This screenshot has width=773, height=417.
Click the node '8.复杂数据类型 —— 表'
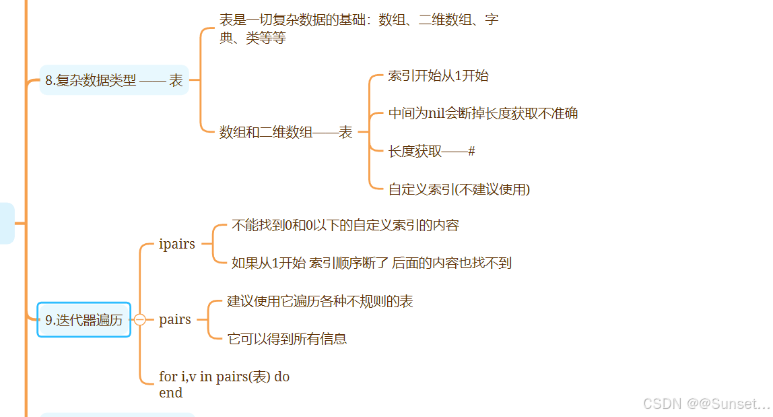114,81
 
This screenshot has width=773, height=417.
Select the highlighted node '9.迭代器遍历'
84,320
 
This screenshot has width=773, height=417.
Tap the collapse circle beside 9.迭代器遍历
140,320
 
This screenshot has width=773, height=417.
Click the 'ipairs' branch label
177,244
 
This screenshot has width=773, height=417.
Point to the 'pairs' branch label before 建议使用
175,319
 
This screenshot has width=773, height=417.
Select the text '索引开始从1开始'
438,75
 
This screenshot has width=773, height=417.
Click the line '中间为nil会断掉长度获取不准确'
483,113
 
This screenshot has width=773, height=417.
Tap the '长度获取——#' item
432,152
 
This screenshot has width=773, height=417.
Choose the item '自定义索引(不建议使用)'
459,189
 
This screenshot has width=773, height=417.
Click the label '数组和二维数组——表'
286,133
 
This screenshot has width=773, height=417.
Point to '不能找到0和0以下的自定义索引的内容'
345,225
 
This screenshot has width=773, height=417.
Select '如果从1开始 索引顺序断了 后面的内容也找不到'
372,263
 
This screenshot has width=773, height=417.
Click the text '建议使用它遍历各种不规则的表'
320,301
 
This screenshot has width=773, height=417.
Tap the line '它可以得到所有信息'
288,339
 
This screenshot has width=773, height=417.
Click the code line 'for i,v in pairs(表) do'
224,377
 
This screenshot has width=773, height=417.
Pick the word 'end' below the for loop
171,393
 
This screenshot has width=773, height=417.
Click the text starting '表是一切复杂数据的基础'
359,20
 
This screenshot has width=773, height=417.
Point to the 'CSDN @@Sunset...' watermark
706,404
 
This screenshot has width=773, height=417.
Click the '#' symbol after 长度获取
471,152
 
